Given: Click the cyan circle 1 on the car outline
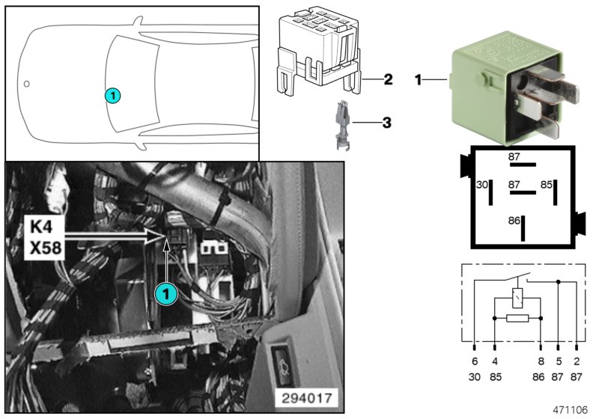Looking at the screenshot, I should click(112, 95).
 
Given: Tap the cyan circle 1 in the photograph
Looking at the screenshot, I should click(165, 295).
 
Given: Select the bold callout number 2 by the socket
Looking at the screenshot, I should click(388, 79).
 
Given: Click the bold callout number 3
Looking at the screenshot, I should click(387, 121).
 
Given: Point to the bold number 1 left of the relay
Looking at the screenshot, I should click(419, 78).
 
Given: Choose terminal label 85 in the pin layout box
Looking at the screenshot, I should click(547, 184).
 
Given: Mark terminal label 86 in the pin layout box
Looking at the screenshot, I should click(513, 221).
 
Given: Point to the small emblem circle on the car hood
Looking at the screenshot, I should click(26, 83).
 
